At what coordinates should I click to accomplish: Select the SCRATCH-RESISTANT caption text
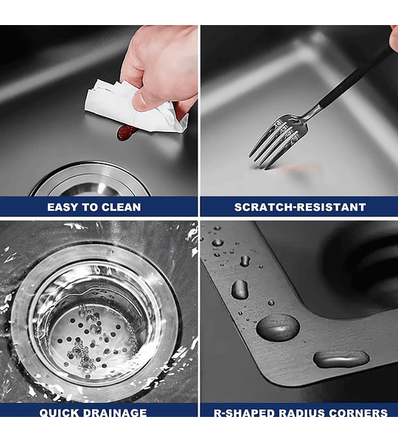[x=300, y=207]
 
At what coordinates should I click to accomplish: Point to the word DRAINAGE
[x=115, y=413]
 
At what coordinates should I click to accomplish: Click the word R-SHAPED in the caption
[x=244, y=413]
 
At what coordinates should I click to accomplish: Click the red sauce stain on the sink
[x=126, y=133]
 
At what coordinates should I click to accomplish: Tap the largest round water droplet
[x=278, y=328]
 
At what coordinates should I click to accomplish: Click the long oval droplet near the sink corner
[x=341, y=359]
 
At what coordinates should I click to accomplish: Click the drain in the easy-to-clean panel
[x=90, y=180]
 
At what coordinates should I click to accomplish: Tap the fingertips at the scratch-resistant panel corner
[x=394, y=38]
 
